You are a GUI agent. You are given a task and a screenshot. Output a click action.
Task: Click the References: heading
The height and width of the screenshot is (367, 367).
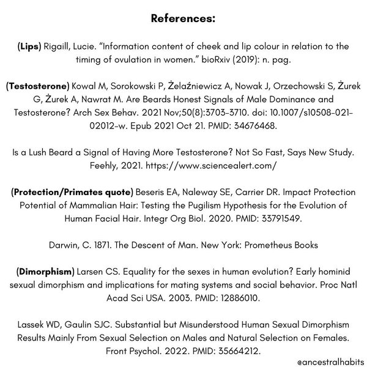183,19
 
